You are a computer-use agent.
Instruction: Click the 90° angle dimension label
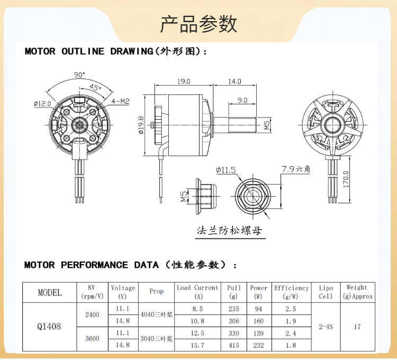(79, 75)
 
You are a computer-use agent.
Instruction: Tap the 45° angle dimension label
(95, 87)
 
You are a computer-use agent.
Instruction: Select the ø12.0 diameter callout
(42, 104)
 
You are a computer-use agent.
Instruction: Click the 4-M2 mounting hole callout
(121, 101)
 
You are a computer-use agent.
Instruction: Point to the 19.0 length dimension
(184, 82)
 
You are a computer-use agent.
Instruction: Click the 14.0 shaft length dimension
(234, 82)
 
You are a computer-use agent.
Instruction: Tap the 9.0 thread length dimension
(242, 100)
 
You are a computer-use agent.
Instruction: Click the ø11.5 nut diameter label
(225, 170)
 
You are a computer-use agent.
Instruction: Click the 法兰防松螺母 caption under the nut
(229, 231)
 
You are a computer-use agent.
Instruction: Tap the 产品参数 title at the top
(198, 24)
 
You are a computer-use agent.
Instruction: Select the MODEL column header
(49, 292)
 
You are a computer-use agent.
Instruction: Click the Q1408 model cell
(49, 327)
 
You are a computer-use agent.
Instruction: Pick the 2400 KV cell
(92, 314)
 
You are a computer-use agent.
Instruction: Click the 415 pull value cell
(233, 345)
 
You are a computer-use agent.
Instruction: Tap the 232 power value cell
(258, 345)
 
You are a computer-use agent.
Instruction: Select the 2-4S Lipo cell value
(326, 327)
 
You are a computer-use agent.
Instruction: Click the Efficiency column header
(291, 292)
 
